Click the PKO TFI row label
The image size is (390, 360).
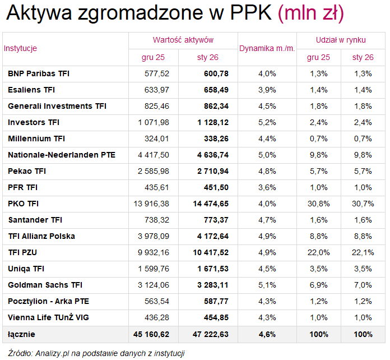click(x=23, y=204)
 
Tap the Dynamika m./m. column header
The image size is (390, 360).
click(x=267, y=48)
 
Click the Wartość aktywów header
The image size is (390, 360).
click(x=183, y=40)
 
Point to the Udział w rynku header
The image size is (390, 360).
click(x=340, y=40)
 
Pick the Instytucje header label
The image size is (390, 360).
click(x=21, y=48)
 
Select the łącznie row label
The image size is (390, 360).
click(x=21, y=334)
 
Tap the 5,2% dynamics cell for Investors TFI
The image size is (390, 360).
click(x=267, y=122)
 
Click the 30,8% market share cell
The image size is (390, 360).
click(x=318, y=204)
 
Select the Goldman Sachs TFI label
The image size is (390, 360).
click(x=45, y=285)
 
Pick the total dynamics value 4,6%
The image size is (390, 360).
click(x=267, y=334)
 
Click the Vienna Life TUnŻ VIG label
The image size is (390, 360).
click(x=49, y=318)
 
